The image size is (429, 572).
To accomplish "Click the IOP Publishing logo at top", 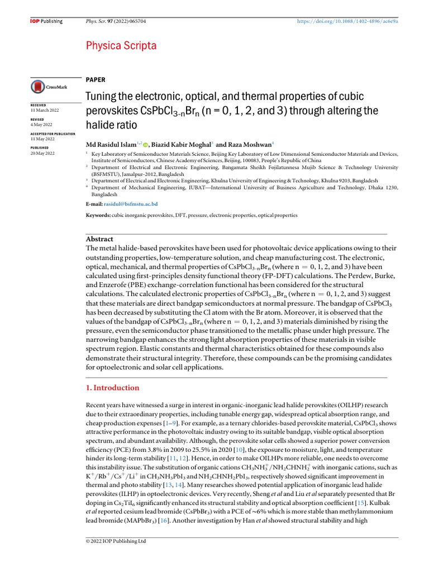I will (46, 21).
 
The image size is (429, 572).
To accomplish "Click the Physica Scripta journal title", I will (121, 46).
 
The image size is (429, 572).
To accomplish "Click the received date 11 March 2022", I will (45, 110).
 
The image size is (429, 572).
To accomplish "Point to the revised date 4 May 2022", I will (41, 125).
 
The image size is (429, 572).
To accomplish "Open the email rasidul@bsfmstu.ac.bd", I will (131, 204).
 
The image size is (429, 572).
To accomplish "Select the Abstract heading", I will (98, 239).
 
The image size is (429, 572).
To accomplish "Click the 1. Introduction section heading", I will (112, 388).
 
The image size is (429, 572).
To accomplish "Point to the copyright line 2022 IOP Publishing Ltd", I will (115, 541).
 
